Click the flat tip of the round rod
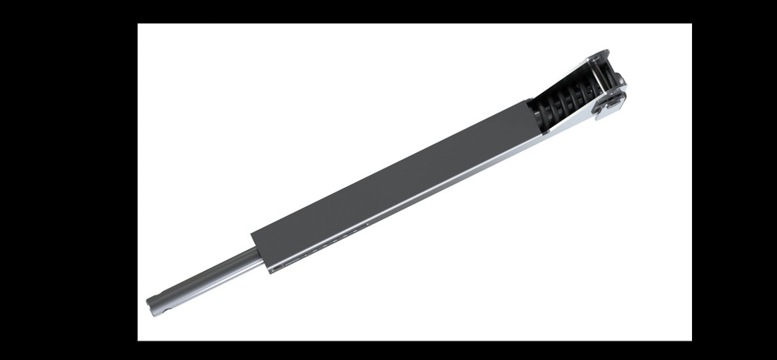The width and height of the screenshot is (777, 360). tap(150, 306)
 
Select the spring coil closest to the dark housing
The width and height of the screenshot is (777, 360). tap(545, 117)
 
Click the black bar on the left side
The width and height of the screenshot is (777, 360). tap(69, 180)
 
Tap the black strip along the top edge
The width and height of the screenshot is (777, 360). tap(388, 11)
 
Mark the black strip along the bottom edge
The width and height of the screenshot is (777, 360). tap(388, 350)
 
